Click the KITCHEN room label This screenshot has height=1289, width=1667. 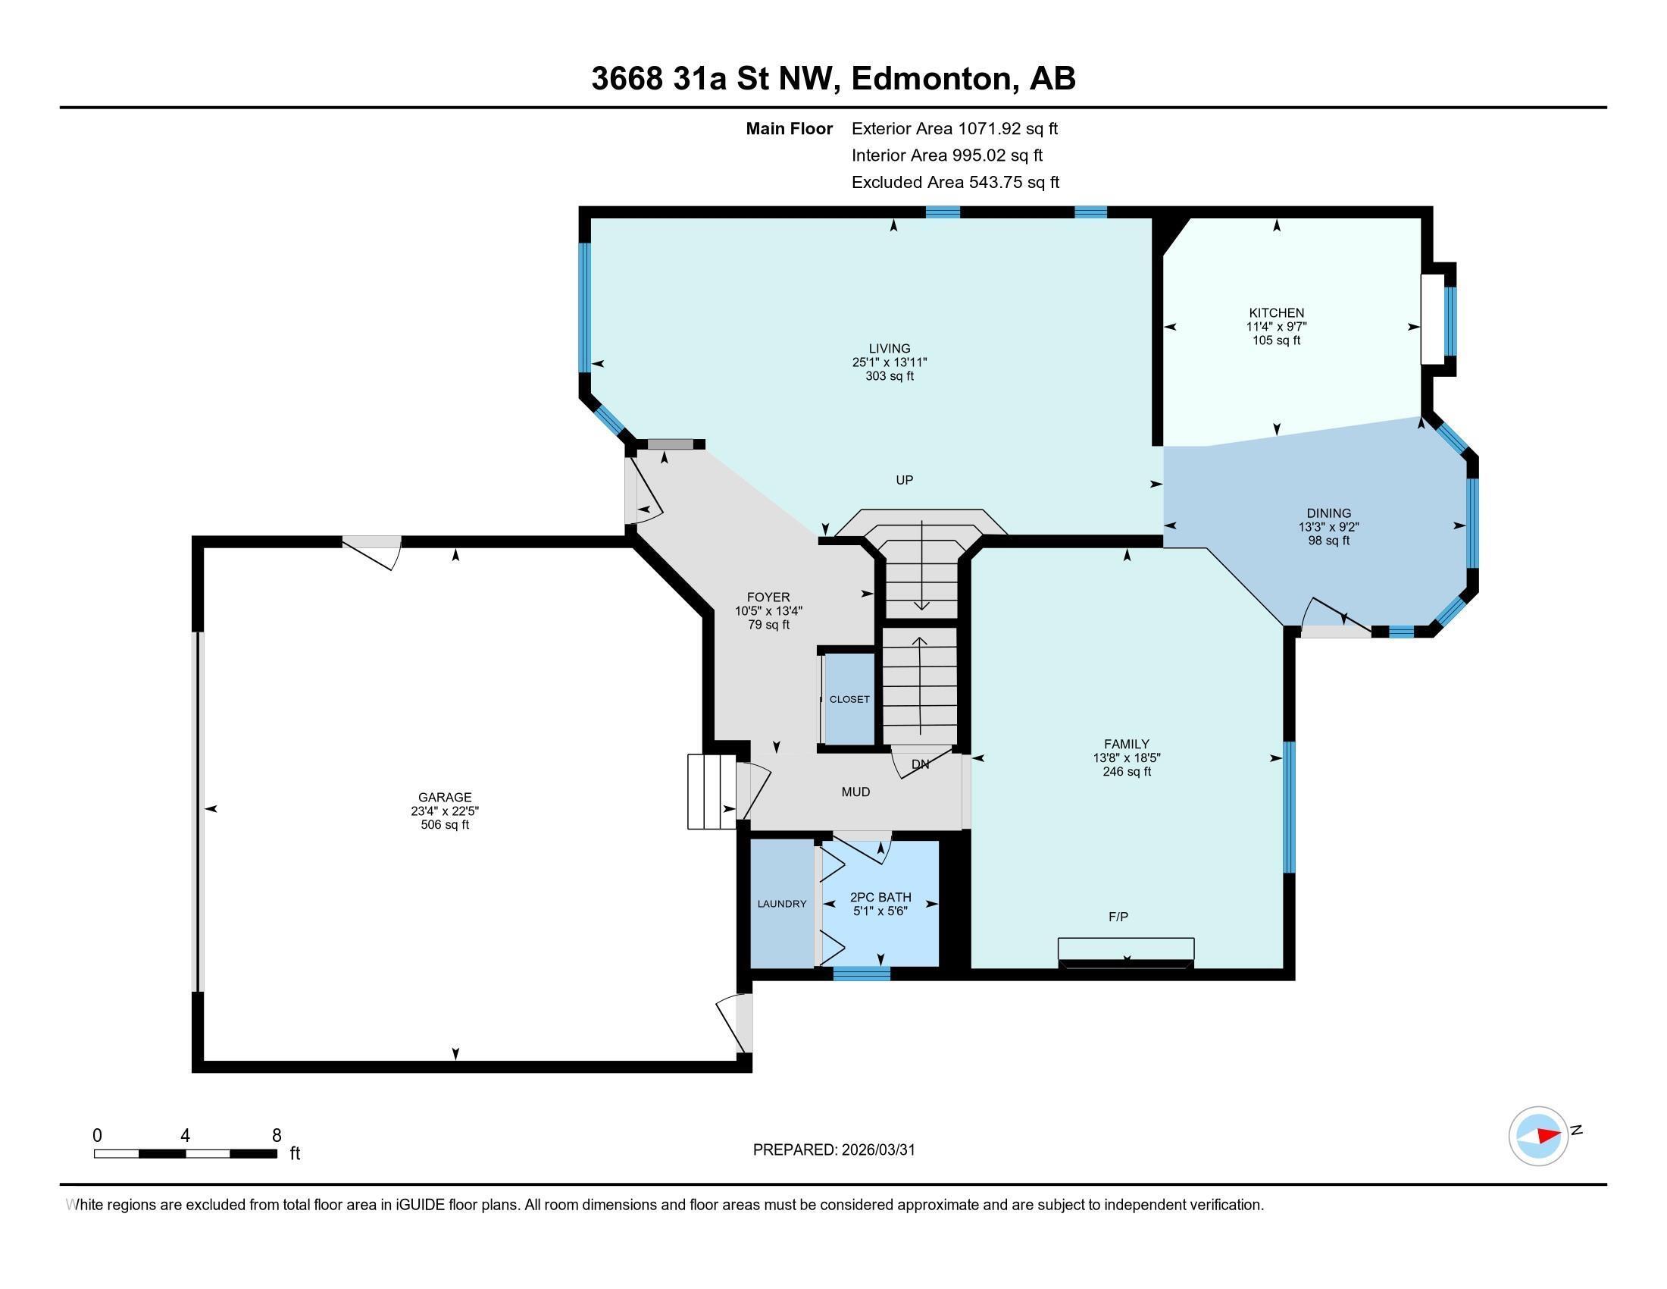1276,312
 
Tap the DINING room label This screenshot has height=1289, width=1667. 1328,513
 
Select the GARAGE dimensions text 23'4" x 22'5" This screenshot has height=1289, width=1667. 444,811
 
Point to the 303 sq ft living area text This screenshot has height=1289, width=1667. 890,375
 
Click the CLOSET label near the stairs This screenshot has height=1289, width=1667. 849,699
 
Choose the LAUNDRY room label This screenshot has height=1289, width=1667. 782,903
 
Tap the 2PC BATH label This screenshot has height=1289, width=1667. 880,897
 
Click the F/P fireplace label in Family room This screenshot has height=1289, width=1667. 1118,917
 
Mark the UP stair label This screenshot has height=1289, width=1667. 905,479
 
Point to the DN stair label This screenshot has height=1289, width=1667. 921,764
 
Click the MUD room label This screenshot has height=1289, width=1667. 855,792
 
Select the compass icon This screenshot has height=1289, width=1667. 1538,1136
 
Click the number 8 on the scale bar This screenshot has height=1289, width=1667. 277,1135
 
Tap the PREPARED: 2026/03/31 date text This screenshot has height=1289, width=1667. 833,1149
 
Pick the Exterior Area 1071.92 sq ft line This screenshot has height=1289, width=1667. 954,128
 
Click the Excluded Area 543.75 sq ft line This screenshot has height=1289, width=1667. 955,182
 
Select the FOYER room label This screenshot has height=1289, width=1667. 768,597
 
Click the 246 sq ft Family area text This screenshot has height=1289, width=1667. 1127,771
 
